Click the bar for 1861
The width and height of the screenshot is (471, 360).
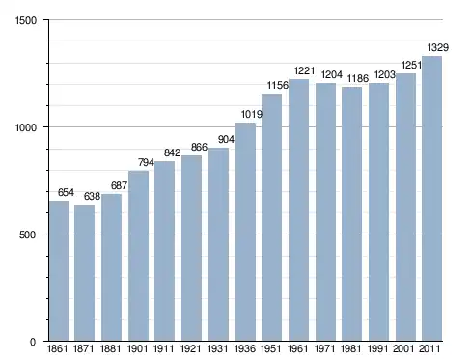59,271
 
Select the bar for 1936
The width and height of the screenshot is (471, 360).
245,232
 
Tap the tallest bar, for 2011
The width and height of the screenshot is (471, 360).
431,199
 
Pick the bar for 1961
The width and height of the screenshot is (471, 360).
298,210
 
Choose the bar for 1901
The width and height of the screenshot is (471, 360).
138,256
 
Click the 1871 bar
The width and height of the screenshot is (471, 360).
84,273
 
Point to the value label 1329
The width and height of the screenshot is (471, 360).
438,47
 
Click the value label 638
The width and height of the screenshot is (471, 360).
92,196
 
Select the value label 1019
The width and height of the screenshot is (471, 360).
252,114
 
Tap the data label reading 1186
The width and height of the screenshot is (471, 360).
358,78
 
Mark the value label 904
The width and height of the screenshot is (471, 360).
226,139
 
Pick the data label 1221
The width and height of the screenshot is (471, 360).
304,70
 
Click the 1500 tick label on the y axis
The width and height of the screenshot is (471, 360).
26,20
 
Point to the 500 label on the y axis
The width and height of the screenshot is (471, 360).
27,235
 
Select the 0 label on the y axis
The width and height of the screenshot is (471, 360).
33,342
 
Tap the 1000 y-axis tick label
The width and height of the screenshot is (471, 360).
26,127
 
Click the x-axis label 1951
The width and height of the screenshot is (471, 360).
271,348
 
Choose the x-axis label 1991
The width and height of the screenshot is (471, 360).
378,348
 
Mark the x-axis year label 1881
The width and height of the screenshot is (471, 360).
110,348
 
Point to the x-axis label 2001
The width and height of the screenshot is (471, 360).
403,348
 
